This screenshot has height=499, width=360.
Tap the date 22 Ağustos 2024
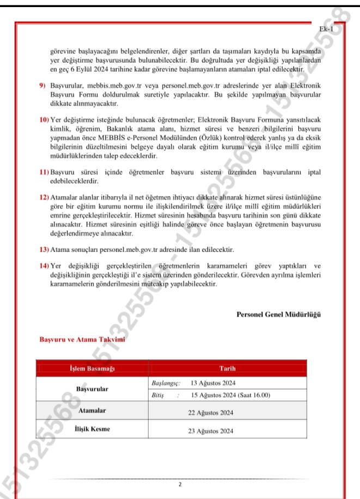211,413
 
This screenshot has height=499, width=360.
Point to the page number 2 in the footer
179,484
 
